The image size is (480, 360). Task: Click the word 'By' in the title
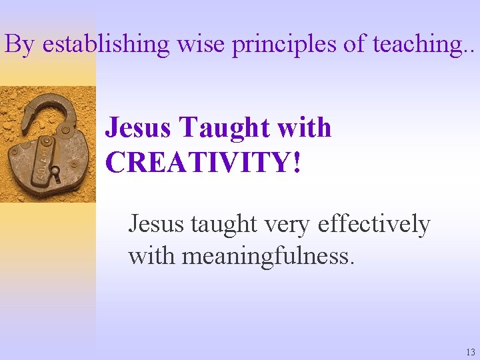coord(19,44)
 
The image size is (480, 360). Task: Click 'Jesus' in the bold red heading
coord(139,127)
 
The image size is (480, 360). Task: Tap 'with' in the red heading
coord(303,127)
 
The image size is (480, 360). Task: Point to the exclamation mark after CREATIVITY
coord(295,163)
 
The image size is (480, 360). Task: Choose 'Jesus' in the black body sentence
coord(156,224)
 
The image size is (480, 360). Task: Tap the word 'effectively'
coord(374,225)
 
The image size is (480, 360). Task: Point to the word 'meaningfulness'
coord(267,256)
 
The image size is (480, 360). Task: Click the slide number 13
coord(471,352)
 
